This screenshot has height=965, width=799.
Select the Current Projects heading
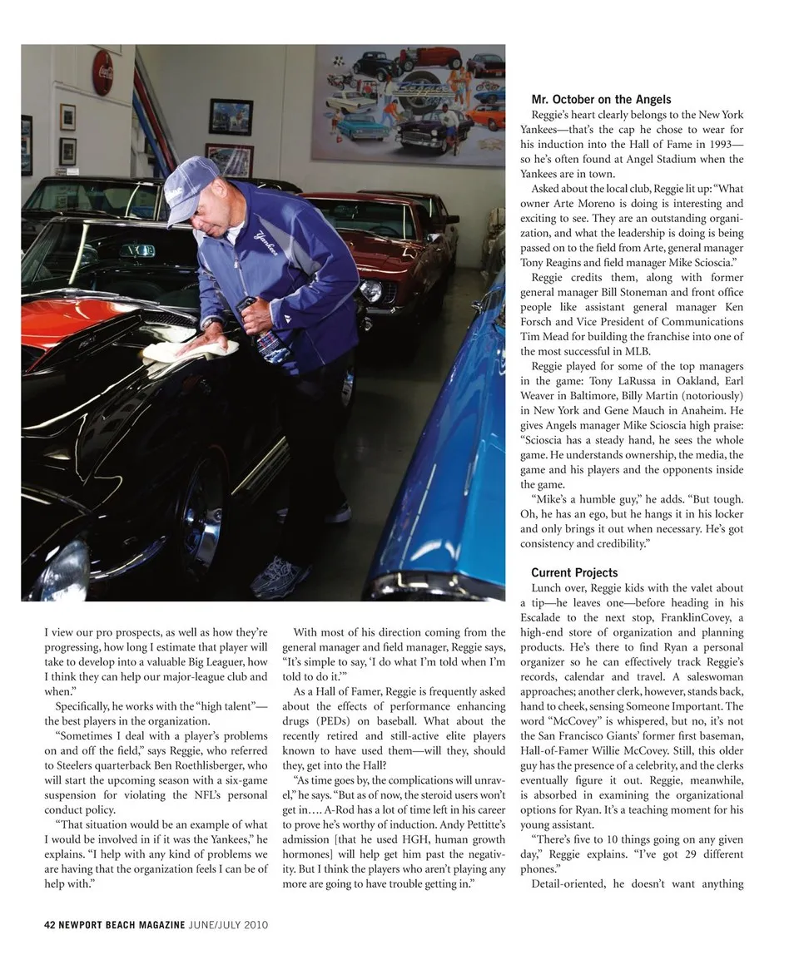(574, 572)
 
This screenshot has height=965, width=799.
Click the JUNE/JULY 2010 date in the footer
(228, 925)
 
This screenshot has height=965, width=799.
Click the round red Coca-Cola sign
(102, 72)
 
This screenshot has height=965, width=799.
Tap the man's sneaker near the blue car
(279, 577)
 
